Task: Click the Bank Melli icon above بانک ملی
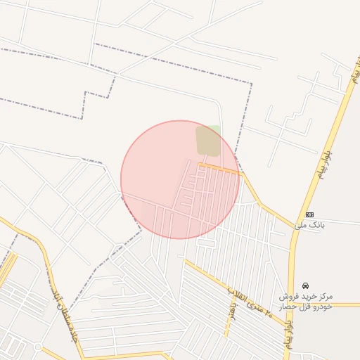coord(309,214)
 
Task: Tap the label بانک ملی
coord(309,226)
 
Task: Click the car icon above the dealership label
coord(306,285)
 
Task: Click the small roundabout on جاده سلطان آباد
coord(38,347)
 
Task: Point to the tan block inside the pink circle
coord(207,141)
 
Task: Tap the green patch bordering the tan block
coord(214,129)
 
